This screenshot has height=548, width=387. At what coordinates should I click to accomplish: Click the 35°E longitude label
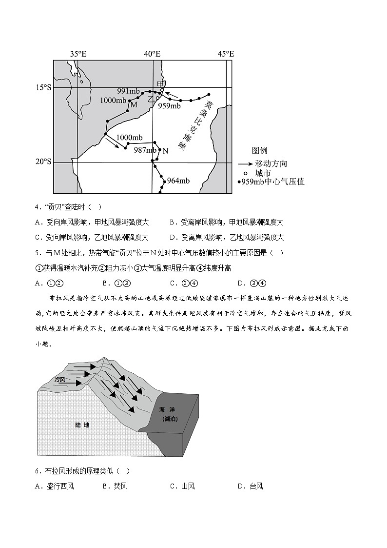tap(78, 54)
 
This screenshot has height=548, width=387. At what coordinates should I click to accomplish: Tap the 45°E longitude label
tap(226, 54)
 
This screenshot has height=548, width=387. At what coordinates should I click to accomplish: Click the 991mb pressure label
tap(128, 91)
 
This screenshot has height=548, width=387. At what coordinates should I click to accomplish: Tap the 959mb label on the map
tap(170, 106)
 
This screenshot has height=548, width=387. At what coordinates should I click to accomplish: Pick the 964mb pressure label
tap(178, 181)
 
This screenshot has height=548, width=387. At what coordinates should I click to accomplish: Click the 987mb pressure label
tap(145, 150)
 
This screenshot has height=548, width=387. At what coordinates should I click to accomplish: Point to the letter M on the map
tap(134, 104)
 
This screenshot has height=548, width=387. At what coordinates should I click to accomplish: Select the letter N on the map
tap(165, 151)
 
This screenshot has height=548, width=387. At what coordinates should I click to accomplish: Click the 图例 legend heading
tap(259, 151)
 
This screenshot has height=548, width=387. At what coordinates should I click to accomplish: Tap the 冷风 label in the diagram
tap(60, 379)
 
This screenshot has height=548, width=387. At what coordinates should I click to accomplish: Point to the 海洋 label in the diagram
tap(170, 410)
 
